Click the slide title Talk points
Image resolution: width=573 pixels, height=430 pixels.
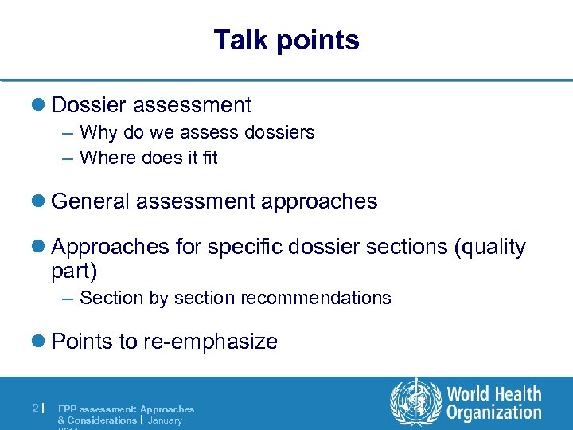coord(286,40)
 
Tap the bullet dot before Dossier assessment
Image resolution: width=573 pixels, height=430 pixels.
coord(41,105)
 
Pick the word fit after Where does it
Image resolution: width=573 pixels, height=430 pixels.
coord(209,158)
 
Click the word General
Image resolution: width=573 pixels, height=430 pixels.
coord(90,201)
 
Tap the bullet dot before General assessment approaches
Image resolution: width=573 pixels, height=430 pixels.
coord(41,201)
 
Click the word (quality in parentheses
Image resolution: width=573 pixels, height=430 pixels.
coord(489,248)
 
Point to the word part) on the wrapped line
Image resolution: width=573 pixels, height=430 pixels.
coord(74,271)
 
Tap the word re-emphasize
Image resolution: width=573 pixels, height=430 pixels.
coord(210,342)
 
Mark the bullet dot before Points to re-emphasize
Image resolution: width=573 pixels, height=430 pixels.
coord(41,342)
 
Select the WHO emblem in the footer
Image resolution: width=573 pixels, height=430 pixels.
coord(415,403)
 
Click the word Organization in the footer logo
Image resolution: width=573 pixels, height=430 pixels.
coord(494,412)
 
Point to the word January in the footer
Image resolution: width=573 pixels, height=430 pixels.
coord(166,420)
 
